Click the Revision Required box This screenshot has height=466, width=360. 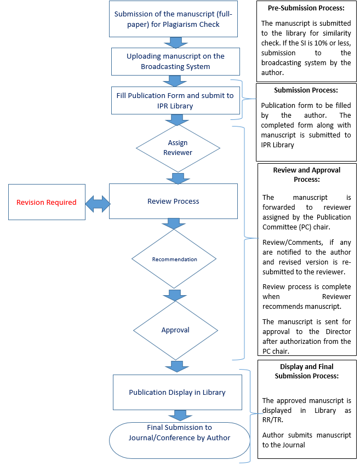pos(47,202)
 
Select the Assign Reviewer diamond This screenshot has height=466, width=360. pos(178,148)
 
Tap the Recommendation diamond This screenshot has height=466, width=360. pos(174,259)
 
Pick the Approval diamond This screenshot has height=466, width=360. pos(175,330)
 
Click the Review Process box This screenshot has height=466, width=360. pos(173,201)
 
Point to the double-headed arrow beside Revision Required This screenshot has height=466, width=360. pos(98,204)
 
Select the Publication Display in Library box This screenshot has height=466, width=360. pos(178,392)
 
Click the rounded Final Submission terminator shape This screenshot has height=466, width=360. pos(180,440)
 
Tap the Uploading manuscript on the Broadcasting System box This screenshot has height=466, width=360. pos(175,61)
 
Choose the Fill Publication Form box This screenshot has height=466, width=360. pos(175,100)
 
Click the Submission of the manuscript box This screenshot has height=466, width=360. pos(173,19)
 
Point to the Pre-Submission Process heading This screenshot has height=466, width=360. pos(306,8)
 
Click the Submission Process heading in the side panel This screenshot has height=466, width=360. pos(306,90)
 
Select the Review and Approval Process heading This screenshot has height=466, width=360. pos(307,175)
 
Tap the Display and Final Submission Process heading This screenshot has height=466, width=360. pos(307,371)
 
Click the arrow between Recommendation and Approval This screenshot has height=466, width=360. pos(175,295)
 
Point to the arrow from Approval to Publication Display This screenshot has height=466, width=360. pos(177,366)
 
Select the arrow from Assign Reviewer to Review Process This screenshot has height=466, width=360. pos(178,179)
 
